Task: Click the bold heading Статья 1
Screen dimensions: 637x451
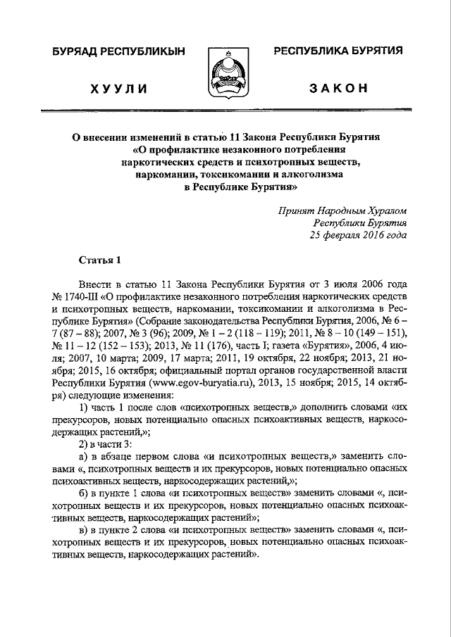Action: [99, 260]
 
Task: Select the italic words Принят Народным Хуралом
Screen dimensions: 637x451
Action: [342, 210]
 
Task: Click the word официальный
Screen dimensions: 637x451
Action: [170, 372]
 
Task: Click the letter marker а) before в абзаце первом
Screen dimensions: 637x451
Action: [84, 459]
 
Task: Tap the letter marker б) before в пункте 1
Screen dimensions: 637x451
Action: [84, 496]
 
